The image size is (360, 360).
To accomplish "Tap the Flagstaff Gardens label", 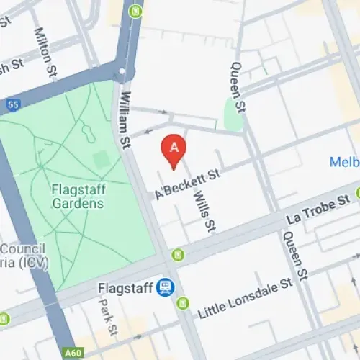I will [x=78, y=197].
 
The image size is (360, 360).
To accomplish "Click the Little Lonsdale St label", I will [x=245, y=296].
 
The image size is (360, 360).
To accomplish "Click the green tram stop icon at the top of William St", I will [x=133, y=11].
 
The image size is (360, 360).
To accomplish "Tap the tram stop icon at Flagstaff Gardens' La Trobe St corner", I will [x=177, y=254].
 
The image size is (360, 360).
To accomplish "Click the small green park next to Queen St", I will [x=233, y=113].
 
